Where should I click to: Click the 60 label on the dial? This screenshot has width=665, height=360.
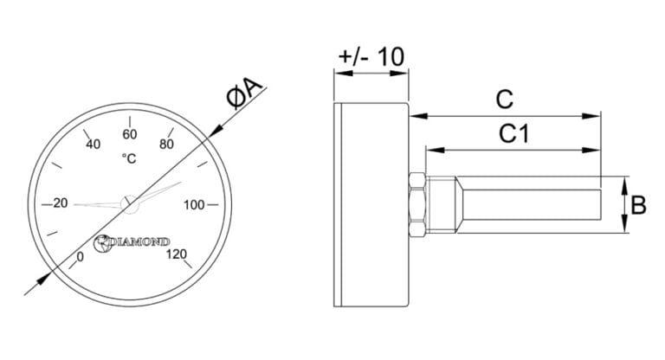point(130,134)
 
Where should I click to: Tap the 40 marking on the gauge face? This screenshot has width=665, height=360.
point(94,145)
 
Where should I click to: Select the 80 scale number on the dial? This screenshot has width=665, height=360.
point(166,145)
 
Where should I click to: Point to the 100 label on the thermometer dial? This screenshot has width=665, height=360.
point(194,205)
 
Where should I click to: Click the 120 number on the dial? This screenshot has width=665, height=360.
point(177,254)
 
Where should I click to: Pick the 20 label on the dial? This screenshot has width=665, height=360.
point(61,203)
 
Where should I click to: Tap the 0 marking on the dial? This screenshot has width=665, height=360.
point(81,257)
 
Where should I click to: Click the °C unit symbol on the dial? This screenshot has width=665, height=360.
point(129,158)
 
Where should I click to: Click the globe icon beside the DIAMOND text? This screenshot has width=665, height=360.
point(103,243)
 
